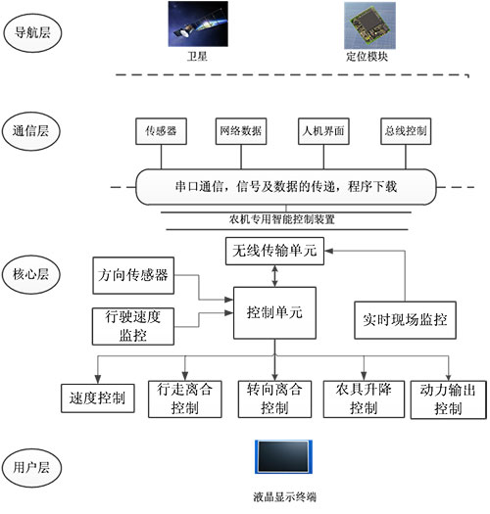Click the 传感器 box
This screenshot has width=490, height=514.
pos(160,130)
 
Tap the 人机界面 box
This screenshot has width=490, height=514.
pos(323,130)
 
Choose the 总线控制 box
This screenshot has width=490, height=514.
pos(405,130)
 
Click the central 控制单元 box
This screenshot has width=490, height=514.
pos(274,313)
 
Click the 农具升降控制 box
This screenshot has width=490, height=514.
pos(350,398)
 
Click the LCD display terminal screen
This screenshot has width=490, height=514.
pos(282,457)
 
